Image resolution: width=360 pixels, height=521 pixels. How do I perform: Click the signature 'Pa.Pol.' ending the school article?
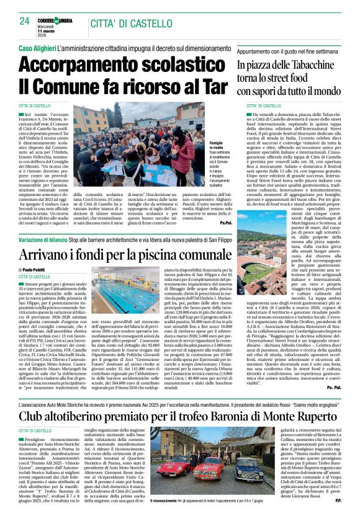(225, 222)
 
